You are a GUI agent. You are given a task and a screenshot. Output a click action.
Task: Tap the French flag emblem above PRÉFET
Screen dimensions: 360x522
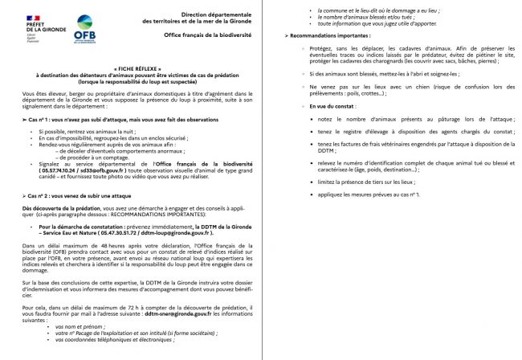point(17,18)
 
